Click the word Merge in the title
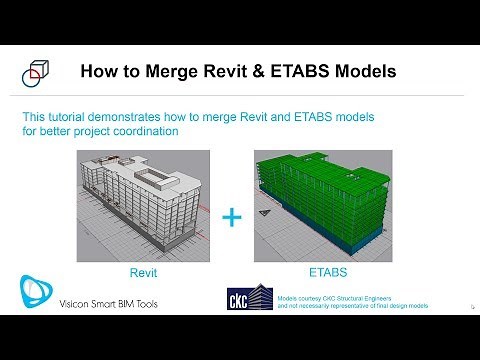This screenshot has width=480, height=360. (x=174, y=72)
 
